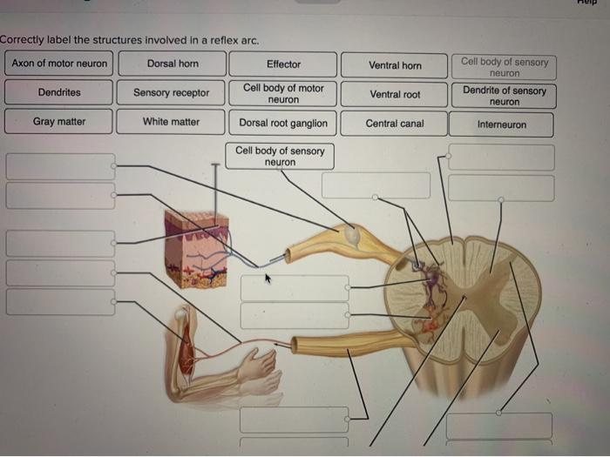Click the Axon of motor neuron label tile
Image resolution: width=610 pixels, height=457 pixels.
point(59,64)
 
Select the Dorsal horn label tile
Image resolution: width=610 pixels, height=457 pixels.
point(173,64)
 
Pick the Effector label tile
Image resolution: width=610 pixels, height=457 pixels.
point(283,64)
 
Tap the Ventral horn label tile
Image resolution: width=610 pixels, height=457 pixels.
point(395,65)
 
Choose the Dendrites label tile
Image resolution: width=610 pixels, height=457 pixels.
point(59,92)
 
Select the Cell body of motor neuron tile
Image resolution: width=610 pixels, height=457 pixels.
point(283,93)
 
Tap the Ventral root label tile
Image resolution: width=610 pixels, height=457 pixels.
point(395,94)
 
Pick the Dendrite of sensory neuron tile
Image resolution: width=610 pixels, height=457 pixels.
point(504,96)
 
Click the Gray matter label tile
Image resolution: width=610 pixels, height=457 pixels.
point(59,121)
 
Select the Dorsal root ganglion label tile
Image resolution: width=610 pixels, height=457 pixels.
point(283,123)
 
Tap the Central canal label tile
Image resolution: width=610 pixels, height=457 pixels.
point(395,124)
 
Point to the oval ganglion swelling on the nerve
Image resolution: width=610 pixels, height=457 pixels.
point(351,234)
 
